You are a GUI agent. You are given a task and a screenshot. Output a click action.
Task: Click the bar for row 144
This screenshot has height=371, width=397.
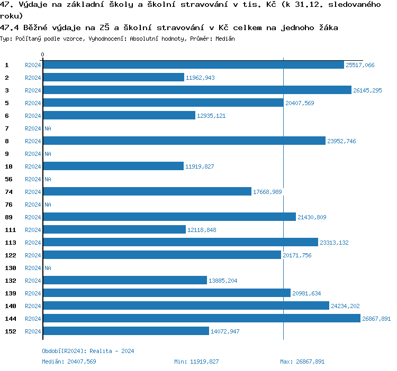point(201,319)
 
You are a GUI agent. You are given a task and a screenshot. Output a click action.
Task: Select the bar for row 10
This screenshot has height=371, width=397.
point(113,166)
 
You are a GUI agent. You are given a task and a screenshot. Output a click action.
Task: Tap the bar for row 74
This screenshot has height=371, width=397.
point(147,192)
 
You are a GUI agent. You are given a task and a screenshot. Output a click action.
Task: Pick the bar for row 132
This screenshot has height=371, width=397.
point(125,281)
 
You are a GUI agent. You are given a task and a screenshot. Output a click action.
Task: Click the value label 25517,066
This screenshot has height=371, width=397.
point(360,65)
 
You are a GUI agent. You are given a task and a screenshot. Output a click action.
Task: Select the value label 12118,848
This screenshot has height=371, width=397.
point(202,230)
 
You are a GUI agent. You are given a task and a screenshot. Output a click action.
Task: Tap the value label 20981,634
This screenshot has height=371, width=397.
point(306,293)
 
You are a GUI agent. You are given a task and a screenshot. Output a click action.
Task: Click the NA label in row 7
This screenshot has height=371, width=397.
point(48,128)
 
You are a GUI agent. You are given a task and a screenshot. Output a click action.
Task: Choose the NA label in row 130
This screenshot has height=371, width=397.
point(48,268)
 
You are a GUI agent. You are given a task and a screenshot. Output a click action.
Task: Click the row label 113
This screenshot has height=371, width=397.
point(11,243)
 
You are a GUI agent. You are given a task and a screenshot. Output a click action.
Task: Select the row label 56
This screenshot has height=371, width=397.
point(9,179)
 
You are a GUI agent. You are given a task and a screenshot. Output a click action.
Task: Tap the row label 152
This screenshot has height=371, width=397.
point(11,331)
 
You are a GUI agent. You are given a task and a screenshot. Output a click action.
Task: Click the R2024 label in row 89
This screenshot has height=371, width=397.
point(33,217)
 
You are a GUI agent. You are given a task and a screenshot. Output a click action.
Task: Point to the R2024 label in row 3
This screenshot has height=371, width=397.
point(33,90)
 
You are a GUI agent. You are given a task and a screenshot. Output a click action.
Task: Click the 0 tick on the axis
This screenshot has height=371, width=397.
point(43,54)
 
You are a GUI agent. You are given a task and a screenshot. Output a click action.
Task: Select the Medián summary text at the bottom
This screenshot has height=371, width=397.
point(69,361)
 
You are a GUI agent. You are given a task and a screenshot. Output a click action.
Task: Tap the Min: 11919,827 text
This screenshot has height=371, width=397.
point(196,361)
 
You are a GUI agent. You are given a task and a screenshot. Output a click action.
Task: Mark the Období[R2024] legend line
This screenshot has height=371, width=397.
point(88,351)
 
